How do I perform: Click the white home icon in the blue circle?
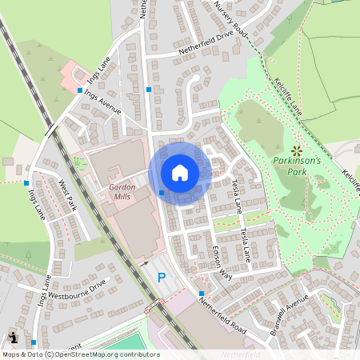(x=180, y=172)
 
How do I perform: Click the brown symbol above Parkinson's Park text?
(x=297, y=150)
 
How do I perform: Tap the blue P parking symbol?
(x=161, y=278)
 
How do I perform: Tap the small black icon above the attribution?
(x=14, y=337)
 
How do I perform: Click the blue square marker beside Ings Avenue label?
(x=79, y=91)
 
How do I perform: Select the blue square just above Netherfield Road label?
(x=201, y=293)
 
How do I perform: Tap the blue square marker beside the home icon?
(x=162, y=192)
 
